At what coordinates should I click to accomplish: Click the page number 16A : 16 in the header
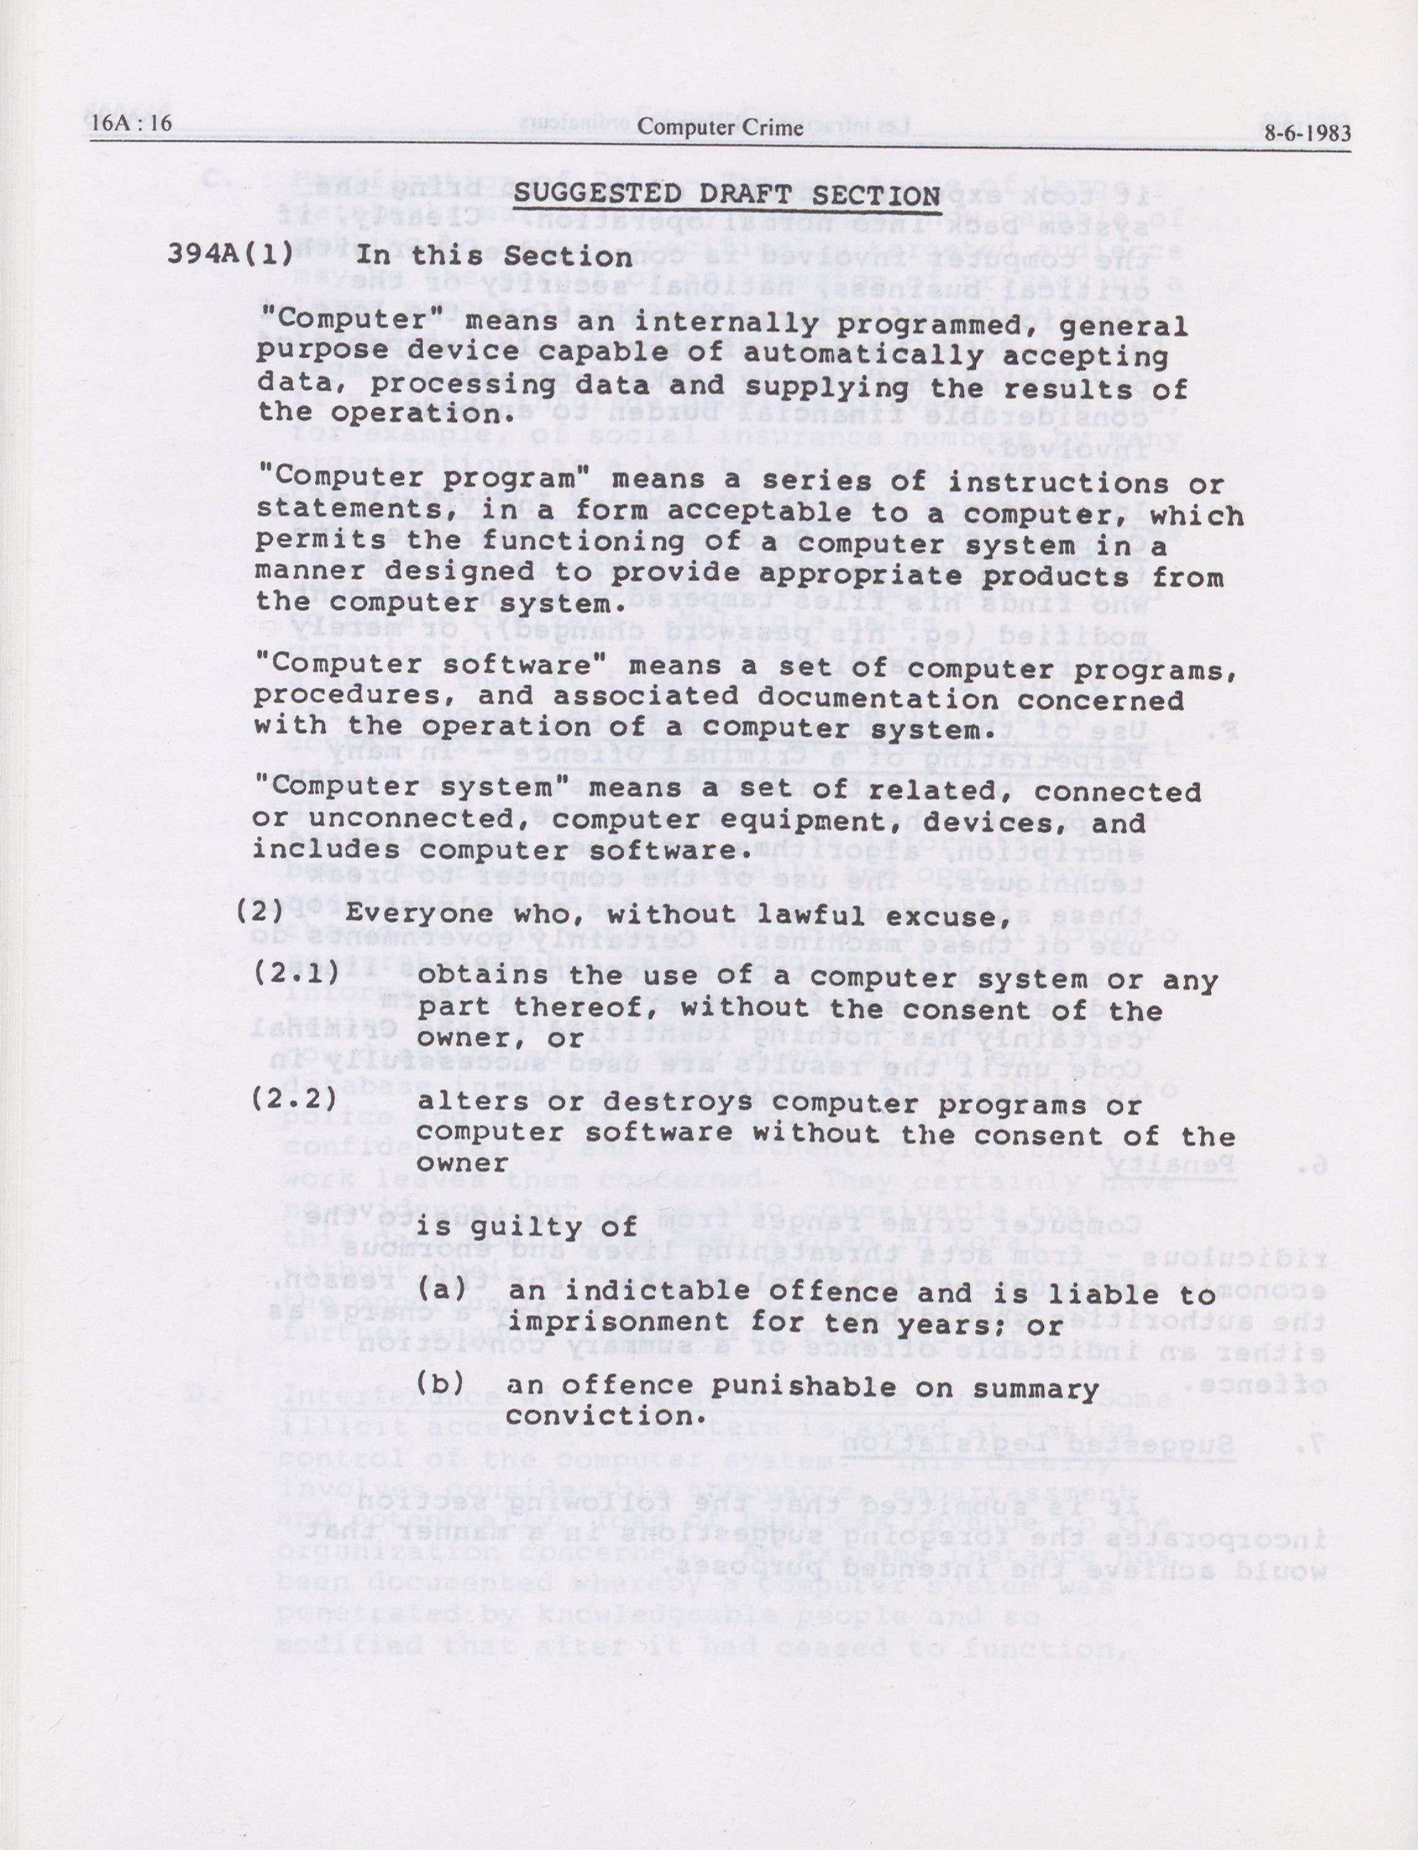pos(131,124)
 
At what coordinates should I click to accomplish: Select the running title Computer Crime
pos(720,127)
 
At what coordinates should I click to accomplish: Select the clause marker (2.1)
pos(297,971)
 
